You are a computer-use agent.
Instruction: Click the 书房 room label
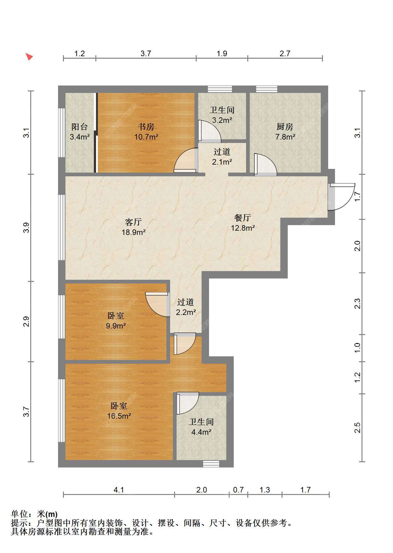pos(146,127)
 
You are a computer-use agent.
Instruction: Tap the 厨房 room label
pos(285,127)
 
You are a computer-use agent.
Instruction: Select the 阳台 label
pos(80,127)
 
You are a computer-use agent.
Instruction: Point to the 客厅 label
pos(133,222)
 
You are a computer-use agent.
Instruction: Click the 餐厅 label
pos(243,218)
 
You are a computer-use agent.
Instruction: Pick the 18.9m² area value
pos(133,232)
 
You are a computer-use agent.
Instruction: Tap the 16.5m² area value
pos(119,416)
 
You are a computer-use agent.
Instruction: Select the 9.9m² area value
pos(116,325)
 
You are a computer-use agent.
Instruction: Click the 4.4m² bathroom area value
pos(201,432)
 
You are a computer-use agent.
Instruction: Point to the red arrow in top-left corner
pos(29,57)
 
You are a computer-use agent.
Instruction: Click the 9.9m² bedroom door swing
pos(158,304)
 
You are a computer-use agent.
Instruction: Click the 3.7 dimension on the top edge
pos(146,53)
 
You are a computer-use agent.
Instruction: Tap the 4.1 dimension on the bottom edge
pos(119,490)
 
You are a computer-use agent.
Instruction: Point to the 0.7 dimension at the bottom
pos(238,490)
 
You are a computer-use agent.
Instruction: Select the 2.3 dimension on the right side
pos(357,304)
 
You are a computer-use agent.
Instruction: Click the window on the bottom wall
pos(211,464)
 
